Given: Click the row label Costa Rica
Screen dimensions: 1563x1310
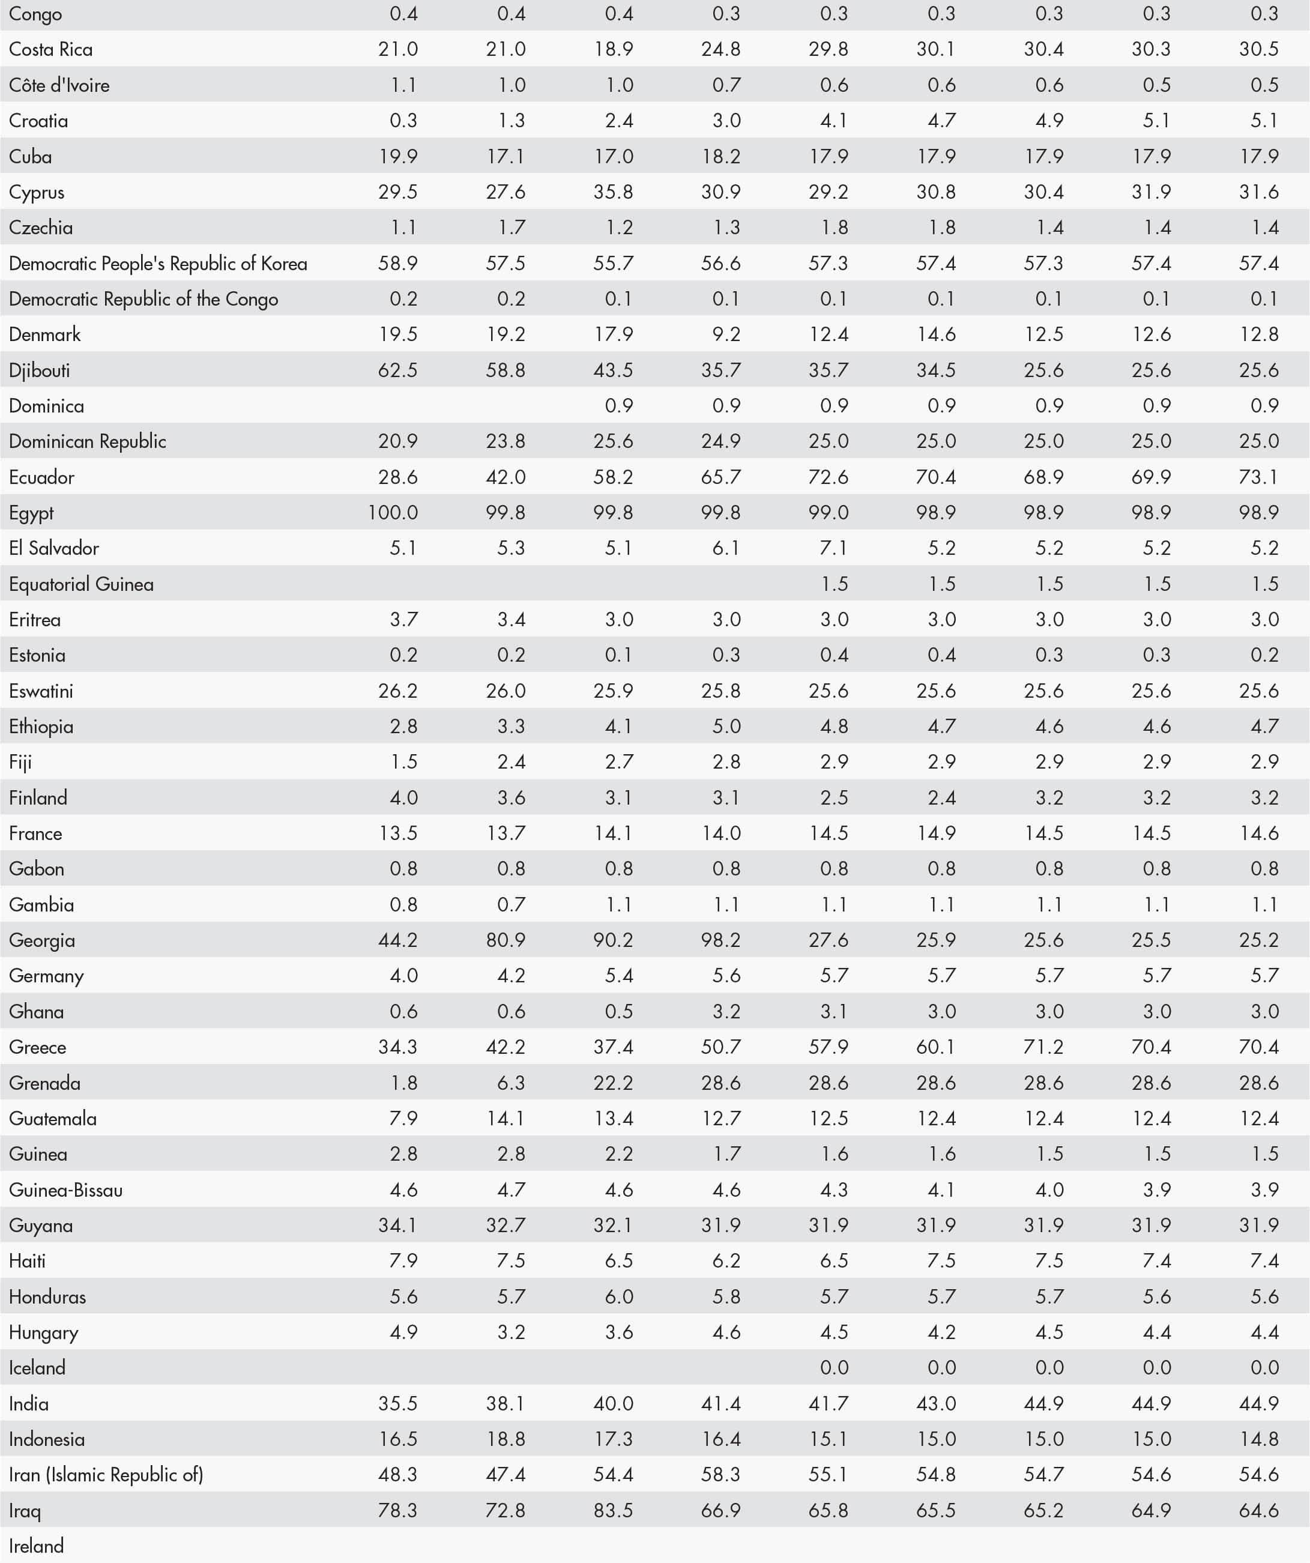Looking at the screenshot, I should pos(50,50).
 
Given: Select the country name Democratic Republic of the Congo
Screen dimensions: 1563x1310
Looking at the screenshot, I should pos(143,299).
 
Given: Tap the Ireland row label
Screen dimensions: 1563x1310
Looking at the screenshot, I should pos(37,1546).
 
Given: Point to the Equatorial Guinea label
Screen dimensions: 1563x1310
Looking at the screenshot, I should pos(81,584).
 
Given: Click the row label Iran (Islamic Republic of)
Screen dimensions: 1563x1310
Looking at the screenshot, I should pos(106,1474).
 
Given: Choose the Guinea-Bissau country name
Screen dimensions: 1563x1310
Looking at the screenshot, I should pos(65,1190).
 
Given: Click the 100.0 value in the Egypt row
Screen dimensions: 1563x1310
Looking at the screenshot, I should pos(393,513).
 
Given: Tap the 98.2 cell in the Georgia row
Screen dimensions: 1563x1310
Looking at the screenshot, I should pos(720,940).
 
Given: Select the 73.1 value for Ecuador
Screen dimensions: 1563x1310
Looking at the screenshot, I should pos(1258,477).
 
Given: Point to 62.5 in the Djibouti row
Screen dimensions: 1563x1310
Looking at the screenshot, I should pos(397,370).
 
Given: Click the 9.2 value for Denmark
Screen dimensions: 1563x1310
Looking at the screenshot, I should pos(726,334).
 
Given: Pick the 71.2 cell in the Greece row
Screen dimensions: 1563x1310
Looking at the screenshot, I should pos(1043,1047).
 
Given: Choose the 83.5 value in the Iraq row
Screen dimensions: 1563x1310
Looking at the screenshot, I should pos(614,1510).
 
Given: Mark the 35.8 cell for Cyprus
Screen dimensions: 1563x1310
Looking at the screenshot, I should pos(614,192).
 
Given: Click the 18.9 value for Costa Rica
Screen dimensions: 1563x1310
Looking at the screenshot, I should pos(614,50).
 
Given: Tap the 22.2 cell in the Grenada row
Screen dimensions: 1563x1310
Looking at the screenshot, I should pos(614,1083).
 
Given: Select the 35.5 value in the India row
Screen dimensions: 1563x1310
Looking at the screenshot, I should pos(397,1404).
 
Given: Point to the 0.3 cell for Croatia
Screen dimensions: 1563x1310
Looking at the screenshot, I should pos(403,121).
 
